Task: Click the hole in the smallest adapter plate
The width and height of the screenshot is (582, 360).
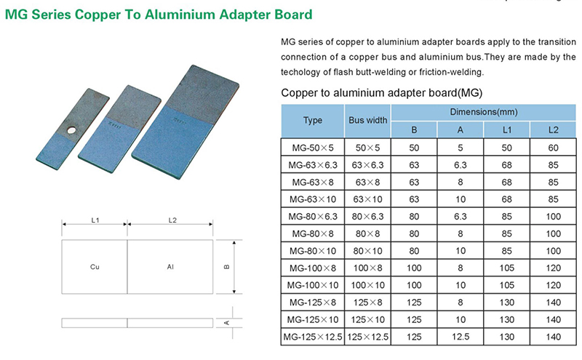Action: coord(71,130)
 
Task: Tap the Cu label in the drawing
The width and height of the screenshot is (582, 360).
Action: coord(95,267)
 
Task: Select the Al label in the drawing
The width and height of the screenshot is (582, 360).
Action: coord(170,267)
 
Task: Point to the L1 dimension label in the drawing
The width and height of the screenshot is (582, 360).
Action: coord(95,220)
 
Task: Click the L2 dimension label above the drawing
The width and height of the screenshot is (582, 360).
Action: coord(172,220)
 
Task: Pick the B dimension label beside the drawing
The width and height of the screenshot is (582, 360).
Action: coord(227,267)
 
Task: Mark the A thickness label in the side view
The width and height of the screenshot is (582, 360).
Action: coord(227,322)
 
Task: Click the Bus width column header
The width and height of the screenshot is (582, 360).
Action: coord(368,120)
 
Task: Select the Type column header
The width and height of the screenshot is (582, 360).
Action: coord(313,120)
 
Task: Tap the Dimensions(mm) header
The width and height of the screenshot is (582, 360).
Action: coord(484,112)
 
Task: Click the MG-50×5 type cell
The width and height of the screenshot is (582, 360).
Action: coord(313,148)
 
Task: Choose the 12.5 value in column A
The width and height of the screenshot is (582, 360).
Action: coord(461,337)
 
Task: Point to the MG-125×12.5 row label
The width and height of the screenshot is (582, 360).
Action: coord(313,337)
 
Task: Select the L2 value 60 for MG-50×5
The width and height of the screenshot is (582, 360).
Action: coord(553,148)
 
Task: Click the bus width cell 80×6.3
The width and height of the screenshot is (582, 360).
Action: coord(368,217)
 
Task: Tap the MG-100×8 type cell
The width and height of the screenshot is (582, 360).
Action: coord(313,268)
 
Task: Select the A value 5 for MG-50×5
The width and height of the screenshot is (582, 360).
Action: coord(461,148)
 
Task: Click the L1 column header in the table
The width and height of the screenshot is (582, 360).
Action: coord(506,130)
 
